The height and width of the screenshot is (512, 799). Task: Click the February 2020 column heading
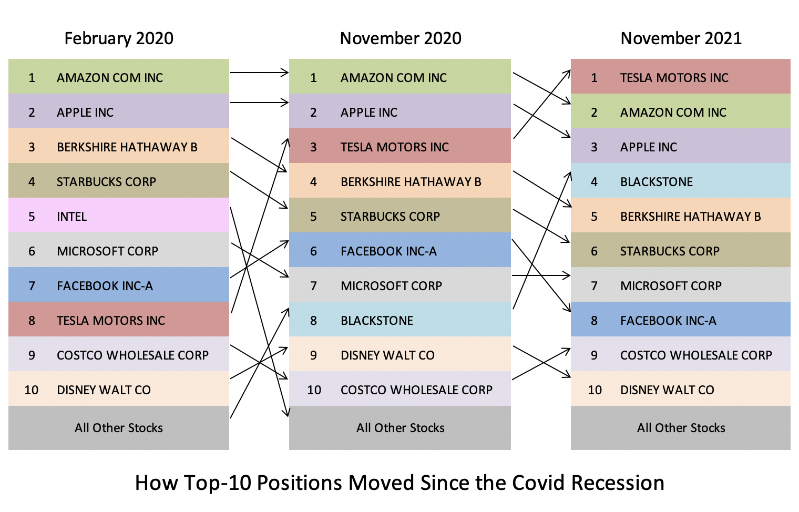tap(119, 38)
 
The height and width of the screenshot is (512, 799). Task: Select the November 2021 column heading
tap(681, 38)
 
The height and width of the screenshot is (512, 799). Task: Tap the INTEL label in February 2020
tap(71, 217)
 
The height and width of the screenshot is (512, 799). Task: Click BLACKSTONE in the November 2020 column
tap(377, 321)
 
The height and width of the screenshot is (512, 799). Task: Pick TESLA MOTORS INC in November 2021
tap(674, 78)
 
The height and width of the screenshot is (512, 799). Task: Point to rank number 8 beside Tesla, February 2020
tap(32, 321)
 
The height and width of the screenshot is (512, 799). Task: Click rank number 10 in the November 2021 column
tap(595, 390)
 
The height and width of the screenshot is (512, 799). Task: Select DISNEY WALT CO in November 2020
tap(387, 355)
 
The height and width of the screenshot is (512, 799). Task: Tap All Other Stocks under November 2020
tap(400, 428)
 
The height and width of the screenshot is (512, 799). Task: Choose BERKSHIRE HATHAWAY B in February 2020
tap(127, 147)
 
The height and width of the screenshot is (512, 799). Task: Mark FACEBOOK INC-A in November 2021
tap(668, 321)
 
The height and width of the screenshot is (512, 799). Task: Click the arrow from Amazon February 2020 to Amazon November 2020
tap(259, 73)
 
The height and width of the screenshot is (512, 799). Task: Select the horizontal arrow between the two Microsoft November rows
tap(541, 275)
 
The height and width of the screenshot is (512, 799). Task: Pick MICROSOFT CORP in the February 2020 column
tap(107, 251)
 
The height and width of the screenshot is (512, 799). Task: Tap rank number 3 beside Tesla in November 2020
tap(313, 147)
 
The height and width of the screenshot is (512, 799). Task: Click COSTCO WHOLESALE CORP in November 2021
tap(696, 355)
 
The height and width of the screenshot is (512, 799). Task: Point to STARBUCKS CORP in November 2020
tap(390, 217)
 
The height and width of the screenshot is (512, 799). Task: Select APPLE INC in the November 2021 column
tap(649, 147)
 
